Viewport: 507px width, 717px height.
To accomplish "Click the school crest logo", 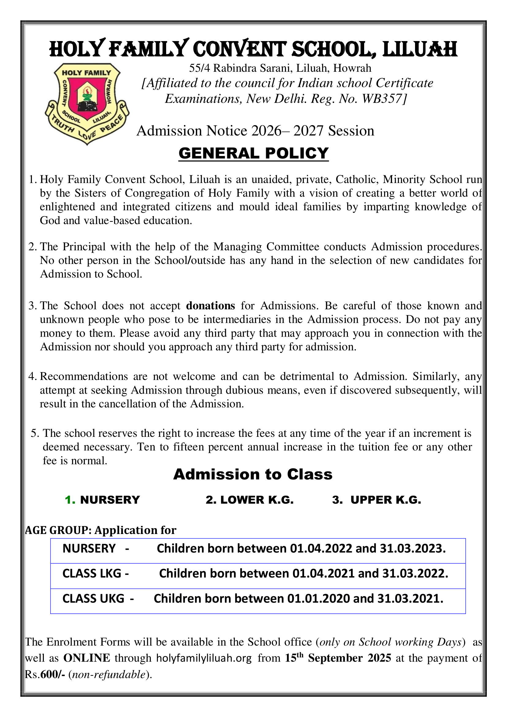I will pos(87,104).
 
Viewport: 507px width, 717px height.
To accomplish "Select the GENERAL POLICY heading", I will pos(253,153).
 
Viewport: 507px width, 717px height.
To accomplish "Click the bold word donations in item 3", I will pos(210,305).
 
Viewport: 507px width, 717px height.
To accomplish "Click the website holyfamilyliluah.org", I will pos(204,658).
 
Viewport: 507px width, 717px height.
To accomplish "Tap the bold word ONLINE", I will pos(86,658).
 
